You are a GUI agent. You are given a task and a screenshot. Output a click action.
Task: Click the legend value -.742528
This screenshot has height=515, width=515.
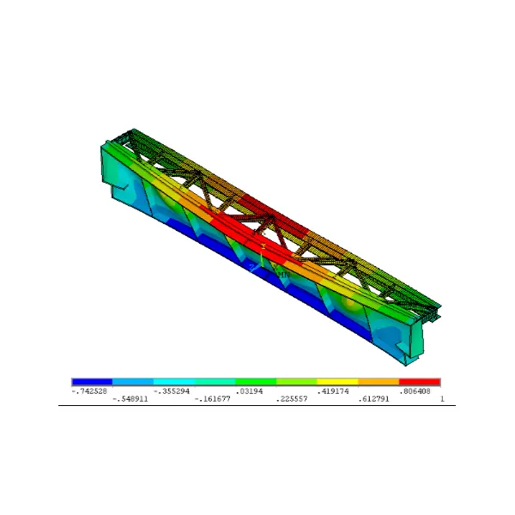click(89, 391)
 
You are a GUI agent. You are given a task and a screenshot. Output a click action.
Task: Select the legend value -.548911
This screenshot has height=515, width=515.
click(130, 399)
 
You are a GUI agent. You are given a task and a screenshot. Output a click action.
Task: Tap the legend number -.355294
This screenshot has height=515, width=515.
click(172, 391)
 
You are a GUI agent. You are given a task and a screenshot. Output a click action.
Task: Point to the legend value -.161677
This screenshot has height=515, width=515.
click(212, 399)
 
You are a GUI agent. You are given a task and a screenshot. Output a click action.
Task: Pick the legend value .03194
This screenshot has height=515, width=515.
click(249, 391)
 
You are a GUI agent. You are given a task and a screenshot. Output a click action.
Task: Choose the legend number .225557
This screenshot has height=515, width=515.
click(292, 399)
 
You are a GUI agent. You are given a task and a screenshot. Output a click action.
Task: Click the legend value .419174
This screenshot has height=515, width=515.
click(333, 391)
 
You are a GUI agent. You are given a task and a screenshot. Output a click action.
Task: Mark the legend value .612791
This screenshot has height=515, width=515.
click(373, 399)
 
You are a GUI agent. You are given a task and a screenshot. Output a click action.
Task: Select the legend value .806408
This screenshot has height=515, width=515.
click(415, 391)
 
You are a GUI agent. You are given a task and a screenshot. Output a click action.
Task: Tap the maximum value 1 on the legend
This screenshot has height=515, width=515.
click(442, 399)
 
